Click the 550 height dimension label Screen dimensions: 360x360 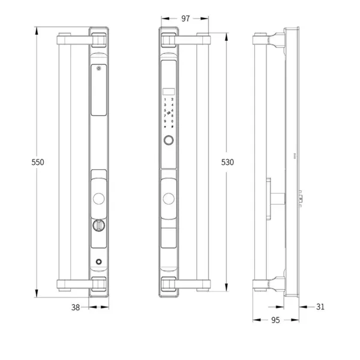[x=37, y=162]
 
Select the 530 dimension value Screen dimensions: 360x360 [x=227, y=162]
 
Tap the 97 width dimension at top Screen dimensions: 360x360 [x=185, y=19]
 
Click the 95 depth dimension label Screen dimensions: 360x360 [x=275, y=320]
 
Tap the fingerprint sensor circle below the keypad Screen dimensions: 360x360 [x=169, y=142]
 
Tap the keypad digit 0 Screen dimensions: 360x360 [x=173, y=121]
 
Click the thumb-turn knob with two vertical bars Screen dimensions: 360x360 [x=98, y=226]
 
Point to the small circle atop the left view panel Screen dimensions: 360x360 [x=98, y=68]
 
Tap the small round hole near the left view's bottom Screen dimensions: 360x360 [x=98, y=262]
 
